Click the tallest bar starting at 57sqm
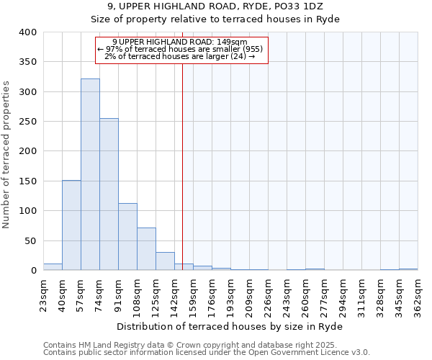pyautogui.click(x=90, y=174)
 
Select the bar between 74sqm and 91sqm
pyautogui.click(x=109, y=194)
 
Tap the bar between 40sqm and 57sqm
pyautogui.click(x=71, y=225)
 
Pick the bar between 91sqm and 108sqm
pyautogui.click(x=127, y=237)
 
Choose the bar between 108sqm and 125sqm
pyautogui.click(x=146, y=249)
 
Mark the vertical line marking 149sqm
pyautogui.click(x=182, y=166)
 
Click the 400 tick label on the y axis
pyautogui.click(x=27, y=32)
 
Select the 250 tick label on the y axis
pyautogui.click(x=27, y=122)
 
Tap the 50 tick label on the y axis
pyautogui.click(x=30, y=240)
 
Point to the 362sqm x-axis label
pyautogui.click(x=418, y=295)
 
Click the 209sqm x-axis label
pyautogui.click(x=249, y=295)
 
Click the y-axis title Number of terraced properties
pyautogui.click(x=7, y=155)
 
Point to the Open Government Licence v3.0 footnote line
pyautogui.click(x=207, y=352)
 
